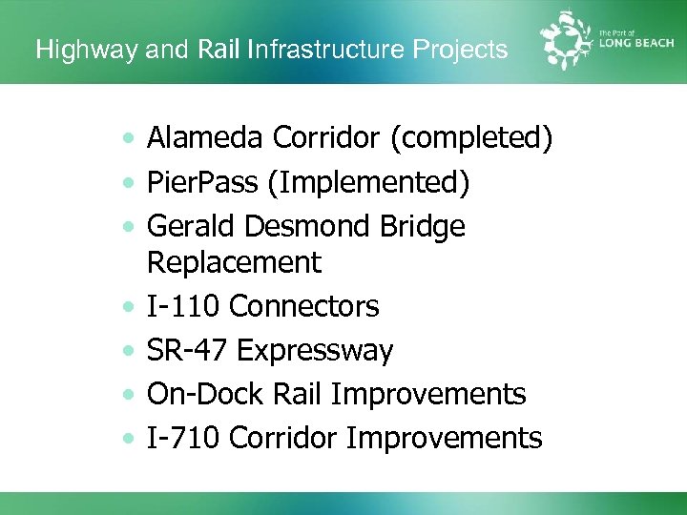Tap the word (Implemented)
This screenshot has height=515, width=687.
click(x=368, y=183)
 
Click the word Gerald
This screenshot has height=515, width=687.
click(x=191, y=227)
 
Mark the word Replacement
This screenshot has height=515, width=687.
click(x=234, y=262)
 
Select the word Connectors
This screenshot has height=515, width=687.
click(x=304, y=306)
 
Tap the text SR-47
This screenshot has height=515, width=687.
click(x=187, y=350)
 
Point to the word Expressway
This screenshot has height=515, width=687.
click(x=315, y=350)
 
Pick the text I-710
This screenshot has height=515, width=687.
click(x=184, y=438)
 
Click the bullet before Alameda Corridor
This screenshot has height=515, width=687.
click(x=128, y=140)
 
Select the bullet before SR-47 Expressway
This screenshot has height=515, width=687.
click(x=128, y=351)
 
